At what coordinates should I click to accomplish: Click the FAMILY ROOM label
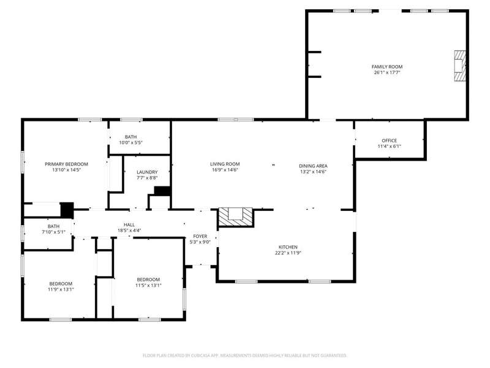click(387, 67)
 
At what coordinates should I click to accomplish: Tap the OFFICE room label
click(389, 140)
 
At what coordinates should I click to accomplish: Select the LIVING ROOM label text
click(225, 164)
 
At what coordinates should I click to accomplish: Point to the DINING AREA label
click(313, 166)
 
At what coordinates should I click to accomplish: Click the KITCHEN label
click(288, 247)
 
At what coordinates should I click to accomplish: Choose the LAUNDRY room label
click(147, 172)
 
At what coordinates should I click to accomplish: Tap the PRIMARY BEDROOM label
click(66, 164)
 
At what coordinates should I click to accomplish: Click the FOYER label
click(200, 236)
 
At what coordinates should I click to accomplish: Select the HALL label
click(129, 224)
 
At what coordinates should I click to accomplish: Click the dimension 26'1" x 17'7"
click(387, 72)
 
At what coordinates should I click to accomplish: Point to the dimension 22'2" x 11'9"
click(288, 253)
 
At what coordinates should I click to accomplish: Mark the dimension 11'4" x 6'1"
click(389, 146)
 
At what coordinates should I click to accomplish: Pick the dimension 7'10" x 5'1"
click(53, 232)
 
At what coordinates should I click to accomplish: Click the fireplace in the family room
click(460, 66)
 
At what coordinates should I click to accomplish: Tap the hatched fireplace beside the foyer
click(235, 217)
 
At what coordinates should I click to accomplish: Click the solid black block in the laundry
click(162, 191)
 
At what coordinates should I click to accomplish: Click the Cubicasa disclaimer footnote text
click(244, 356)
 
